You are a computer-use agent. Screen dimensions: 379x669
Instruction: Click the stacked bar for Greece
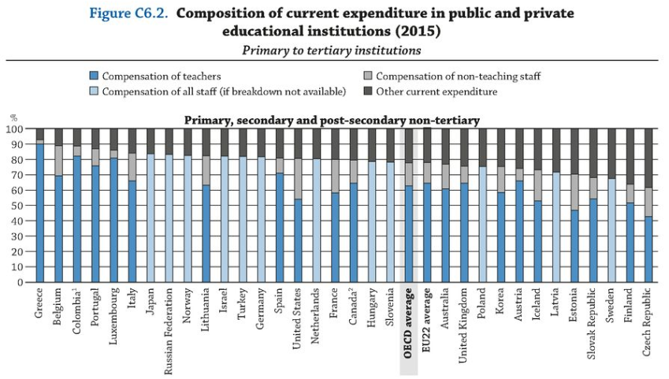40,205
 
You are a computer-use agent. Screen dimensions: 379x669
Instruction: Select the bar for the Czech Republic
649,205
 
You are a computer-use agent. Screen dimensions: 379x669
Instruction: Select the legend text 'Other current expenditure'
437,91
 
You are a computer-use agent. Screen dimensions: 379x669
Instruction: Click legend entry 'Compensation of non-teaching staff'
458,76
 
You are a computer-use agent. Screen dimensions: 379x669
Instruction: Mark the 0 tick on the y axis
21,282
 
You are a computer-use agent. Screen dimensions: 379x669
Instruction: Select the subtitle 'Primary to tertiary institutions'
331,50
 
